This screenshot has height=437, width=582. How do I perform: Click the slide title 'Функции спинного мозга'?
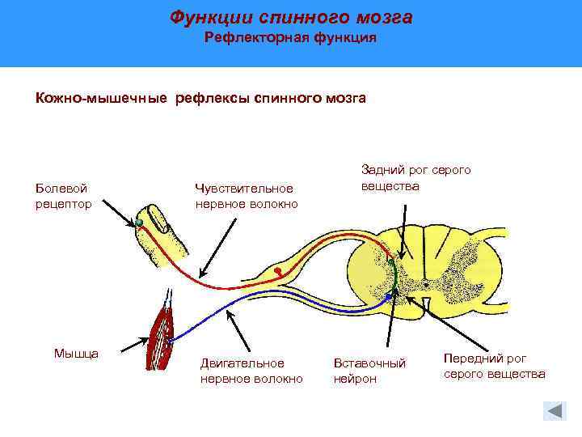click(x=291, y=17)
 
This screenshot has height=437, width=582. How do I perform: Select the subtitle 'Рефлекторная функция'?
click(x=290, y=38)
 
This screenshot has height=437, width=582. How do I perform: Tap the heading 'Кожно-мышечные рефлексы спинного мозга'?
click(x=200, y=98)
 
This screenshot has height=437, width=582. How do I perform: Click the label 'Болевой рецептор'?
click(x=63, y=196)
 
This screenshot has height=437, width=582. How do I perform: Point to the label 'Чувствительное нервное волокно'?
click(x=246, y=196)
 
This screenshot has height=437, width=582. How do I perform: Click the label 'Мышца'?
click(x=76, y=353)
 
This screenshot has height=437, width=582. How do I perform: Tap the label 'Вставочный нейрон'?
click(x=369, y=371)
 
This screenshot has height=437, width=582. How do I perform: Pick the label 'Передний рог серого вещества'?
click(x=494, y=366)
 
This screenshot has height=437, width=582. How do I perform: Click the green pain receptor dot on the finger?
click(x=139, y=222)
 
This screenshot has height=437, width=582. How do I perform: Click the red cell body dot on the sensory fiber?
click(x=277, y=269)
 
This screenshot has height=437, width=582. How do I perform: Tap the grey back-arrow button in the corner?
click(x=554, y=410)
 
